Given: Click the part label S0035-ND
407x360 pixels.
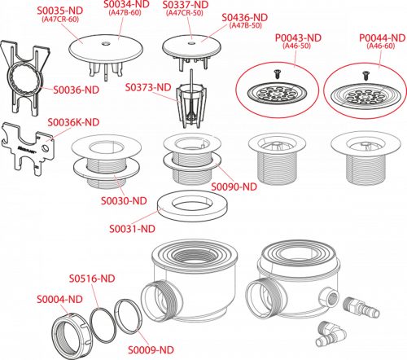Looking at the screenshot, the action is pyautogui.click(x=60, y=11).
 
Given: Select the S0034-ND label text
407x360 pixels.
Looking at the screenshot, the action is pyautogui.click(x=126, y=4).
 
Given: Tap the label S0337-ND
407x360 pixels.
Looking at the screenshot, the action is pyautogui.click(x=186, y=5).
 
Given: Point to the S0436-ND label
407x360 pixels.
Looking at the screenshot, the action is pyautogui.click(x=245, y=17).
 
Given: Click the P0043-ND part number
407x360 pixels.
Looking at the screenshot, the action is pyautogui.click(x=298, y=37).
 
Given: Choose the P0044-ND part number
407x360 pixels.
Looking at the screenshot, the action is pyautogui.click(x=383, y=37).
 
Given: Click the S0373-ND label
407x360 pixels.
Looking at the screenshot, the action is pyautogui.click(x=148, y=87).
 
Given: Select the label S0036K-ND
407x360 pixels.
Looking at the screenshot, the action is pyautogui.click(x=73, y=122).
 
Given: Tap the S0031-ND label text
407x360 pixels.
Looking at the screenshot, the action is pyautogui.click(x=132, y=229).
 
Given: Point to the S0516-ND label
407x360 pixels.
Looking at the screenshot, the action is pyautogui.click(x=92, y=279).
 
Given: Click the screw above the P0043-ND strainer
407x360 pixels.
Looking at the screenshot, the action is pyautogui.click(x=277, y=74).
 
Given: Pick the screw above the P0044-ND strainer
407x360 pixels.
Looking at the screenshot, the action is pyautogui.click(x=365, y=75).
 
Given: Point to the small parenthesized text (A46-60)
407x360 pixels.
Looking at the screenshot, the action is pyautogui.click(x=381, y=46).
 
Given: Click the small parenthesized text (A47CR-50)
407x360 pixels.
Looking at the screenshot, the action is pyautogui.click(x=185, y=13).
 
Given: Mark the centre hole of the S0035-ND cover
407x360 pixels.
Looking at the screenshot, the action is pyautogui.click(x=105, y=43).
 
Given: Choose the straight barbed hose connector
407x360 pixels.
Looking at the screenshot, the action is pyautogui.click(x=361, y=308).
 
